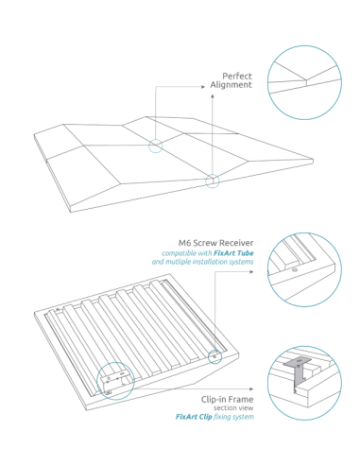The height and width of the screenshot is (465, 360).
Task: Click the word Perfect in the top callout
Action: pos(236,76)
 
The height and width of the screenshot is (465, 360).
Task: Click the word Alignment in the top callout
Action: pos(232,85)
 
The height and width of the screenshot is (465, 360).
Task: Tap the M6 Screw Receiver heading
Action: pos(216,242)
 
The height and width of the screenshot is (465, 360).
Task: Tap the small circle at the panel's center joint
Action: pos(155,146)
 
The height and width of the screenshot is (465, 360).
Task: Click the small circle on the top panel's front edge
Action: pos(213,179)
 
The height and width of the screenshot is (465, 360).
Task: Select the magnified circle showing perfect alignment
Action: pos(305,79)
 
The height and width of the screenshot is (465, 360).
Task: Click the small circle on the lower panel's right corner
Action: pos(216,356)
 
